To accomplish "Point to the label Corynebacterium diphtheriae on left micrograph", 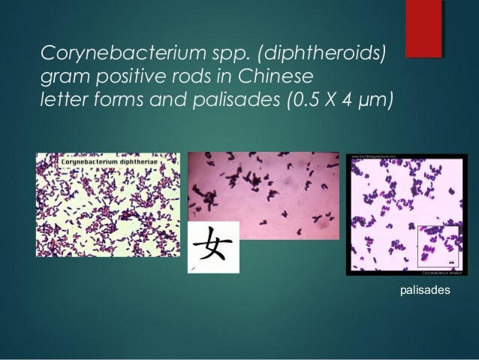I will (109, 160).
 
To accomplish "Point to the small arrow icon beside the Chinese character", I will (194, 267).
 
